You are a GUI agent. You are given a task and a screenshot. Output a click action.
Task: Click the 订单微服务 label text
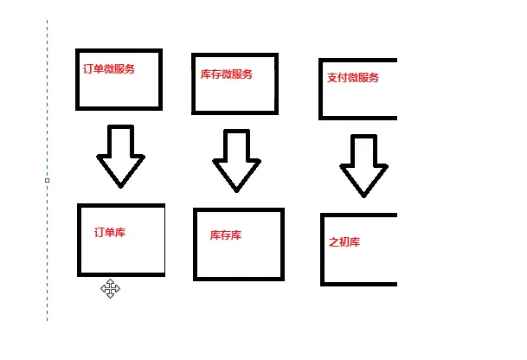pyautogui.click(x=109, y=68)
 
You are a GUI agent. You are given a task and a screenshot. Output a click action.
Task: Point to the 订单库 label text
pyautogui.click(x=110, y=232)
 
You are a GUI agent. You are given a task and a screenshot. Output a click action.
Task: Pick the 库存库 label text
pyautogui.click(x=226, y=235)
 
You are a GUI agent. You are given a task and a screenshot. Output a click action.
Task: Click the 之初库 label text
pyautogui.click(x=344, y=241)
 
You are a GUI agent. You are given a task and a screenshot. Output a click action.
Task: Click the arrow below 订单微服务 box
pyautogui.click(x=120, y=156)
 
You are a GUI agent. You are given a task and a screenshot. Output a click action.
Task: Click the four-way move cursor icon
pyautogui.click(x=110, y=288)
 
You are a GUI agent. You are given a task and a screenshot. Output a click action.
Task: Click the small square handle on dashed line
pyautogui.click(x=47, y=180)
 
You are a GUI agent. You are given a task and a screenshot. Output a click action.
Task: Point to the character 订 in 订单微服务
pyautogui.click(x=88, y=68)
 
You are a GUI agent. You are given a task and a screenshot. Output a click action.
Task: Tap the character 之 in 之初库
pyautogui.click(x=334, y=241)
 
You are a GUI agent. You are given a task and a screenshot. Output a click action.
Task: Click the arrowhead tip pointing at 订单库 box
pyautogui.click(x=120, y=184)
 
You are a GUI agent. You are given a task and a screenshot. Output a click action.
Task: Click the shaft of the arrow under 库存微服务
pyautogui.click(x=236, y=145)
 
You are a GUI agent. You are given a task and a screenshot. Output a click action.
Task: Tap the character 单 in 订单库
pyautogui.click(x=110, y=232)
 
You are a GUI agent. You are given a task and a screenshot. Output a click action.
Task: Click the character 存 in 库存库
pyautogui.click(x=226, y=235)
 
